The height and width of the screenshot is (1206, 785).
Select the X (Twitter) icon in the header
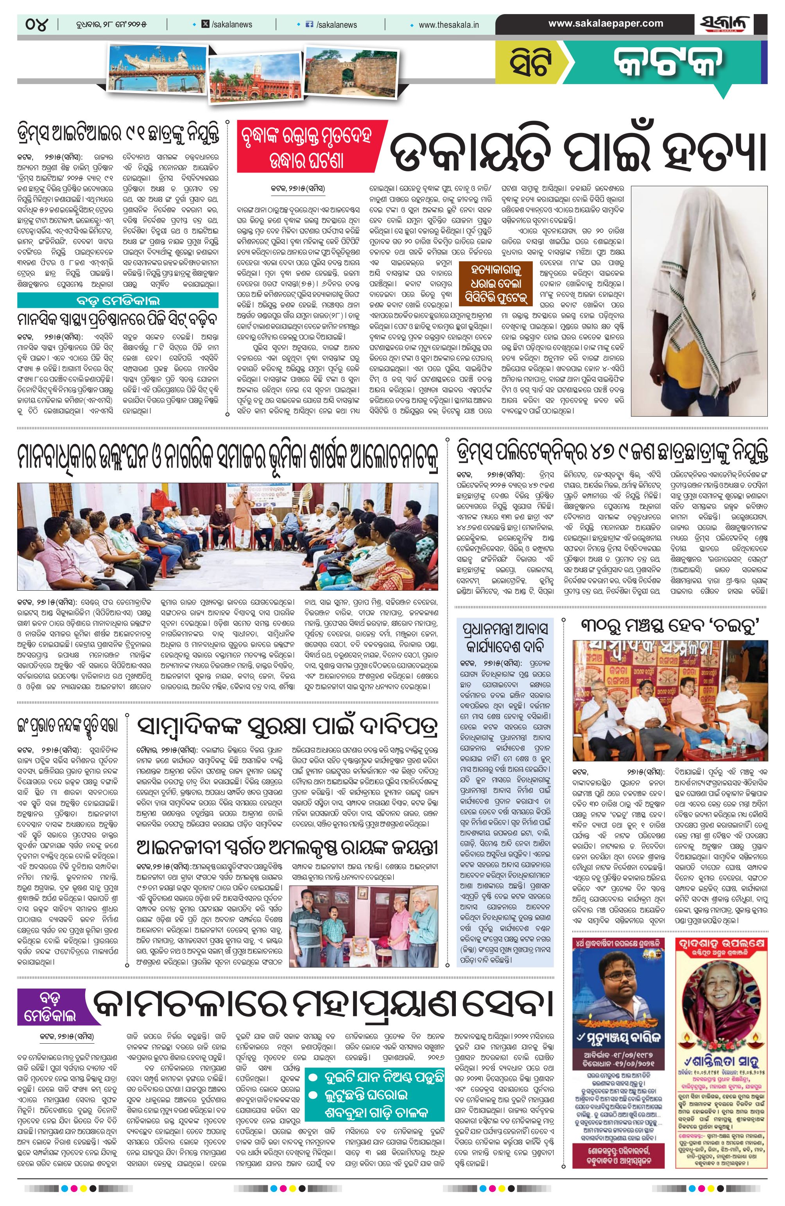pyautogui.click(x=204, y=24)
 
